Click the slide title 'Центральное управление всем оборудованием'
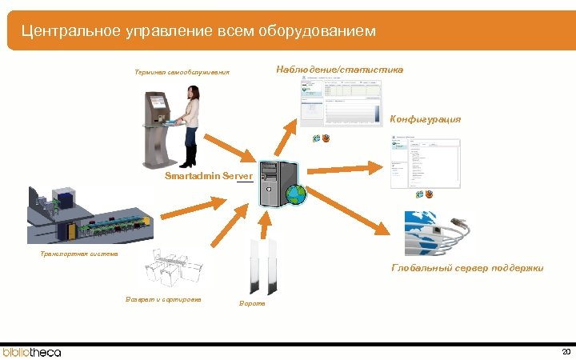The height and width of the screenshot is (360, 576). coord(198,31)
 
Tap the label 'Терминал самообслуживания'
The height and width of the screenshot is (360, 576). coord(182,73)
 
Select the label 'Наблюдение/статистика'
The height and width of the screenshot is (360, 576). coord(339,70)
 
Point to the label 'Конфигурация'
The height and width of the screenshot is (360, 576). coord(425,119)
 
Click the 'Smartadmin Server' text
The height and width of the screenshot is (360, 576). coord(208,175)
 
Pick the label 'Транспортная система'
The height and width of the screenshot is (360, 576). coord(79,254)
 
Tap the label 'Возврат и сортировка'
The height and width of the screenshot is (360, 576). coord(163,299)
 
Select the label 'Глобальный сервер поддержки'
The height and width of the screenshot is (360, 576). coord(467,268)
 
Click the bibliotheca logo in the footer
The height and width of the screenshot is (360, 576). coord(32,351)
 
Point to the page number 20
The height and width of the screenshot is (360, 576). coord(566,351)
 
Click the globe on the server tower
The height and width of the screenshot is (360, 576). coord(296,194)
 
